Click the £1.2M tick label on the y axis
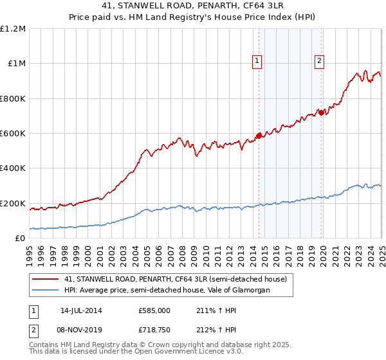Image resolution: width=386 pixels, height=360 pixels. pos(13,28)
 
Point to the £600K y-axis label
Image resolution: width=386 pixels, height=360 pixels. pos(13,134)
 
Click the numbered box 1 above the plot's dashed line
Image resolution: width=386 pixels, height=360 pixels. pos(257,61)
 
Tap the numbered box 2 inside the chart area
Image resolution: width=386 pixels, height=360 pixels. pos(319,61)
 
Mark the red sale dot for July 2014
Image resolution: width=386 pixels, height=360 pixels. pos(259,135)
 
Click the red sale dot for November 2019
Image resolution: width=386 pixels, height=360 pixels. pos(322,113)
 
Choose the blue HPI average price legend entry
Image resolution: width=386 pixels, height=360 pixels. pos(167,291)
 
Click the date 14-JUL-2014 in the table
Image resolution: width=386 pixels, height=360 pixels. pos(81,310)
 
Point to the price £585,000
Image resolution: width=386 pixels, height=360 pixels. pos(154,310)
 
